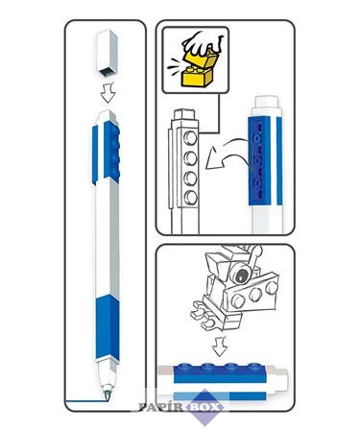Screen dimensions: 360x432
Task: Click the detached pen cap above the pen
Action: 108,53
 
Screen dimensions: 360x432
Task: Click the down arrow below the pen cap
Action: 108,93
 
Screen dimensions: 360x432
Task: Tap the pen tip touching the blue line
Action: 107,395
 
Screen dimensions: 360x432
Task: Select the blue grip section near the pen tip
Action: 108,327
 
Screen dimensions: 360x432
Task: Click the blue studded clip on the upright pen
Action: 112,153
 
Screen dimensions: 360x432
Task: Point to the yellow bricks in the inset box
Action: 198,70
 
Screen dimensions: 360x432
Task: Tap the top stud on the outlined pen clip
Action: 190,138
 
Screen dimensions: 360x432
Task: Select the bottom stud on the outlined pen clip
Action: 190,197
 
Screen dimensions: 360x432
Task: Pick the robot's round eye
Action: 241,275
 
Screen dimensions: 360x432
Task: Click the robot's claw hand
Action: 204,317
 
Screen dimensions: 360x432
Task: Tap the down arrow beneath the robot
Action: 220,346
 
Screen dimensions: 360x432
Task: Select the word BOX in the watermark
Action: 206,407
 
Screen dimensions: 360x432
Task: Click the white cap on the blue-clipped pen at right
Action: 268,104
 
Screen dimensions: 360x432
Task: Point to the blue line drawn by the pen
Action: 85,400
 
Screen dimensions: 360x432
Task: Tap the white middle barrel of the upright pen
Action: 108,238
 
